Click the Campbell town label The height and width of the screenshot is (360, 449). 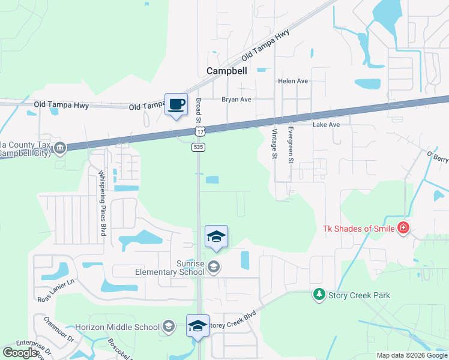click(x=226, y=71)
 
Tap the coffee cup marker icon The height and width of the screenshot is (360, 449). click(x=176, y=105)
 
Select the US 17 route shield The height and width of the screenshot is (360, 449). click(x=199, y=131)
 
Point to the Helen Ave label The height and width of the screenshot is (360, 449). click(x=292, y=81)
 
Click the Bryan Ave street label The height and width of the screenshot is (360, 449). click(x=236, y=100)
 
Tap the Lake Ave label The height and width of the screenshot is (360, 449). click(x=326, y=125)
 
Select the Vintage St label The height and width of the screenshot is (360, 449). click(x=276, y=144)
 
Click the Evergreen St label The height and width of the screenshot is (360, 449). click(x=291, y=145)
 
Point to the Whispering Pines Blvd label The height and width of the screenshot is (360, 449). click(x=102, y=203)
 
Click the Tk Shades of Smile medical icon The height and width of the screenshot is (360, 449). click(x=403, y=228)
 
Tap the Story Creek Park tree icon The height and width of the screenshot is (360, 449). click(x=319, y=295)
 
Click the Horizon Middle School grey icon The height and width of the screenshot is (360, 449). click(x=169, y=327)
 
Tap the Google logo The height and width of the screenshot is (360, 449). click(x=20, y=353)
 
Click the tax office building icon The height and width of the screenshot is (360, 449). click(x=59, y=148)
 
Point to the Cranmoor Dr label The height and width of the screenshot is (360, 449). click(x=59, y=329)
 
